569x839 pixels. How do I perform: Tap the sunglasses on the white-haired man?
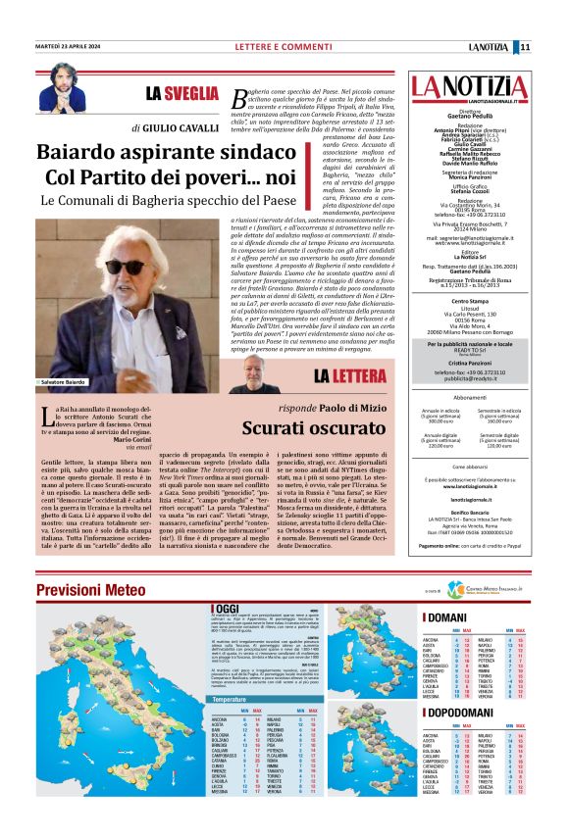coord(123,267)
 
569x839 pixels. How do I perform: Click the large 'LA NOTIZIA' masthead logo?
coord(467,87)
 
